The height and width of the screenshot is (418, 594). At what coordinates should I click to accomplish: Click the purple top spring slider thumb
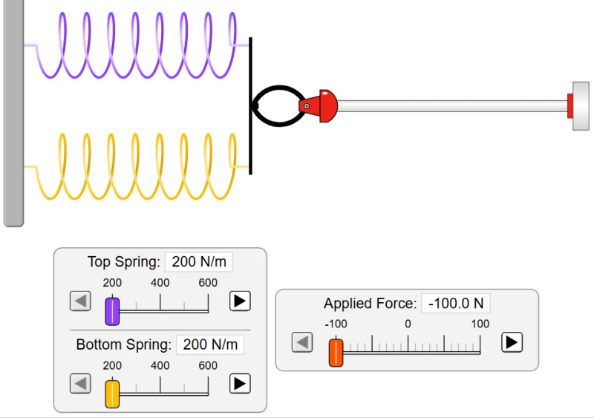[112, 310]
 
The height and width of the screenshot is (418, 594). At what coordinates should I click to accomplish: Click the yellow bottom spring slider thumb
[112, 393]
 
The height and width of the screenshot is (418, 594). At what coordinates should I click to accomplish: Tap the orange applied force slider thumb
[336, 352]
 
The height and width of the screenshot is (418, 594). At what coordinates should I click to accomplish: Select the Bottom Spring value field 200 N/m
[211, 344]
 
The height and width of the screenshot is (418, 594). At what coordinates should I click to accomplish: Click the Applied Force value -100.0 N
[455, 304]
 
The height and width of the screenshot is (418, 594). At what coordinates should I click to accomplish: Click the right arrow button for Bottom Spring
[240, 384]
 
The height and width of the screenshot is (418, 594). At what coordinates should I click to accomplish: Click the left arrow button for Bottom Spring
[80, 384]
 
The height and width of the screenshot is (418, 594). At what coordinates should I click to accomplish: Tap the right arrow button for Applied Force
[512, 342]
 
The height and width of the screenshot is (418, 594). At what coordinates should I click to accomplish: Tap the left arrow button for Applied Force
[301, 342]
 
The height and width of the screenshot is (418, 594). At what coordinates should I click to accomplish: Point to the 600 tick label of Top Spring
[208, 283]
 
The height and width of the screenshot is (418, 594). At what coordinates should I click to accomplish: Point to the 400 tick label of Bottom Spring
[160, 366]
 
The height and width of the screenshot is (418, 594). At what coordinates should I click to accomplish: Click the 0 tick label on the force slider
[408, 324]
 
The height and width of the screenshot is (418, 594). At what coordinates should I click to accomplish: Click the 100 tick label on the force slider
[480, 324]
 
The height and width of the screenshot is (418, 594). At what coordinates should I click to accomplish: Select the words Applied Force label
[370, 304]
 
